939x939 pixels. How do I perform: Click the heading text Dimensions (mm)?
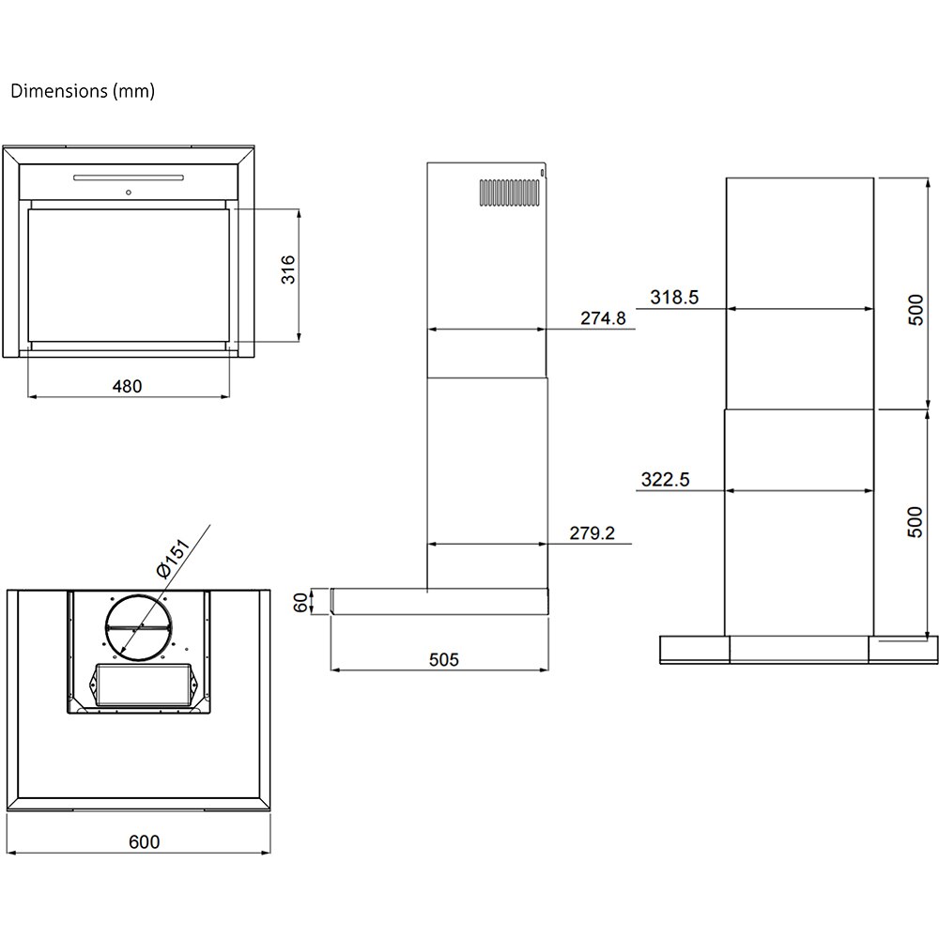[x=83, y=92]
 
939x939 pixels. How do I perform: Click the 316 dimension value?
[x=288, y=269]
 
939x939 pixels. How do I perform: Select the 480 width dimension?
[x=130, y=385]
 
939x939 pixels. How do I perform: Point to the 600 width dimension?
[x=145, y=841]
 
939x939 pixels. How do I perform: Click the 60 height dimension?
[x=301, y=603]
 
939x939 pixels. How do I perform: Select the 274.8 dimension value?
[x=602, y=318]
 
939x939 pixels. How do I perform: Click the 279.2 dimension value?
[x=592, y=533]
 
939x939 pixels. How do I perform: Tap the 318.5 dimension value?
[x=674, y=298]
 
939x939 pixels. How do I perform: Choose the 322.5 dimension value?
[x=665, y=479]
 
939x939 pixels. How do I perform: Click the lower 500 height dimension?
[x=916, y=521]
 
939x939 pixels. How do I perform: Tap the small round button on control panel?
[x=128, y=193]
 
